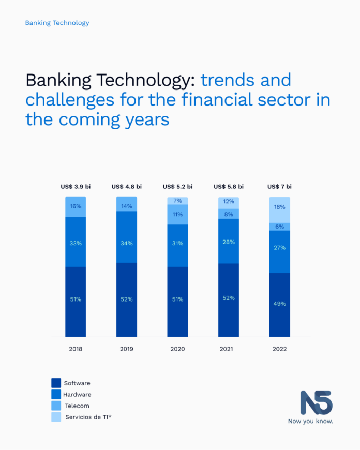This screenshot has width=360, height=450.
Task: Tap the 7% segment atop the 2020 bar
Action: click(x=177, y=201)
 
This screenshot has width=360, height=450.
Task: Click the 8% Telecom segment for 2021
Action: click(x=229, y=214)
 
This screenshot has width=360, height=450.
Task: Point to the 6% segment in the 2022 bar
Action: click(x=279, y=227)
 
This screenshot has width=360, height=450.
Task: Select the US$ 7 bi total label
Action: click(x=279, y=186)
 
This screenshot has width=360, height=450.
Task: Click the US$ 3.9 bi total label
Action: click(x=76, y=186)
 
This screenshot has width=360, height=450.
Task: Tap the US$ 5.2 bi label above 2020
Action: click(x=177, y=186)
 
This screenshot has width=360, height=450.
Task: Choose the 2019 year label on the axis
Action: click(x=126, y=349)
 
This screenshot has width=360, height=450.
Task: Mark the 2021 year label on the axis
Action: click(x=229, y=349)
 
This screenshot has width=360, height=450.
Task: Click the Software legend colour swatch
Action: click(x=56, y=383)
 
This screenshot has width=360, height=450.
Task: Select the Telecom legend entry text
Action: click(x=77, y=406)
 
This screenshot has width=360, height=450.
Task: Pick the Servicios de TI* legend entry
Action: click(x=87, y=417)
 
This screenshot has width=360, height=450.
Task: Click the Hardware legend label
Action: click(x=78, y=395)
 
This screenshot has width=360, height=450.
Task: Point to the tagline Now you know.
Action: click(x=310, y=421)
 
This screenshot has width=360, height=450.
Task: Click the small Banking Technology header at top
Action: click(x=57, y=23)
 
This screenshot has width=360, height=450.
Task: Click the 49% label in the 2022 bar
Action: click(x=279, y=304)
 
